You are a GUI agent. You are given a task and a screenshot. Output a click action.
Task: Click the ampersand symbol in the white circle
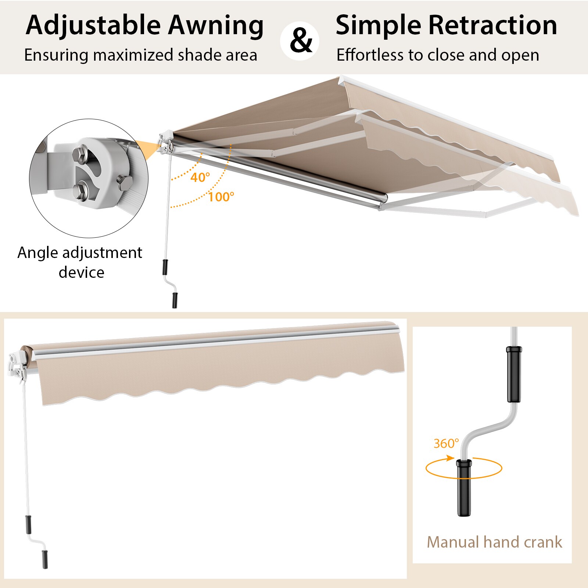pos(300,41)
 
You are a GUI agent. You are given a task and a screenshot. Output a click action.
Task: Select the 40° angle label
pos(200,178)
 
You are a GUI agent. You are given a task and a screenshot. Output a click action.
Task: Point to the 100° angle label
pos(221,197)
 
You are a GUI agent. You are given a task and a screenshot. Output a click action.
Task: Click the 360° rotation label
pos(446,444)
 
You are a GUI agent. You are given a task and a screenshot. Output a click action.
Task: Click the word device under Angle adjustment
pos(81,273)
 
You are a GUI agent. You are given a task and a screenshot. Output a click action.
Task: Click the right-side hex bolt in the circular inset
pos(124,183)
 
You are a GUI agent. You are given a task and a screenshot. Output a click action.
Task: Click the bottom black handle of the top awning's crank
pos(174,300)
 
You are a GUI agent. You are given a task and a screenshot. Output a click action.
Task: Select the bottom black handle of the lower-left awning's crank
pos(45,559)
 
